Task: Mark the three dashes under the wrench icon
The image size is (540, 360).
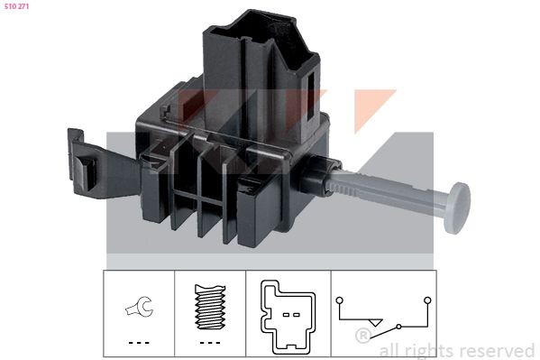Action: click(x=138, y=343)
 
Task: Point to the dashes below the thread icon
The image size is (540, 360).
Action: click(x=208, y=343)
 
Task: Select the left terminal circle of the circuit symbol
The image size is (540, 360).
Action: click(x=338, y=299)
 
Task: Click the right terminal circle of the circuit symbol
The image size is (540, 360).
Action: click(x=427, y=299)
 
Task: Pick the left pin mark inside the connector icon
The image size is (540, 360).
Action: click(x=281, y=315)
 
